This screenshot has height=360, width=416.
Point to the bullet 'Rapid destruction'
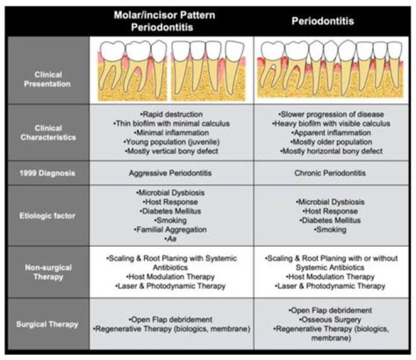click(172, 114)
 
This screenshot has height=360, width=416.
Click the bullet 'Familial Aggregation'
click(172, 229)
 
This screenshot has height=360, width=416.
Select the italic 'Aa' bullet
click(171, 239)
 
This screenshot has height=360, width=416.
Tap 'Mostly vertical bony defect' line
click(172, 151)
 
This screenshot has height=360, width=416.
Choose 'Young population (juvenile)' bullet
click(172, 142)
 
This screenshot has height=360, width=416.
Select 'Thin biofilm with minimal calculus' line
click(172, 123)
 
